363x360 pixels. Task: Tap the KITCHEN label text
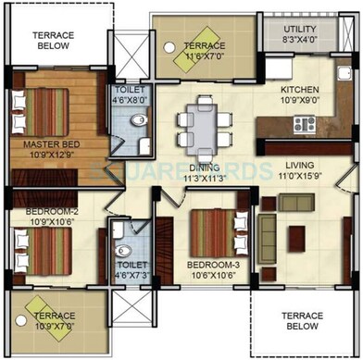tap(299, 90)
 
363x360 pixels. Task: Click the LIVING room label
tap(300, 164)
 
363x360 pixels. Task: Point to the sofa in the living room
tap(267, 225)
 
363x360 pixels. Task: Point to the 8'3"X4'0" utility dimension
tap(297, 41)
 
